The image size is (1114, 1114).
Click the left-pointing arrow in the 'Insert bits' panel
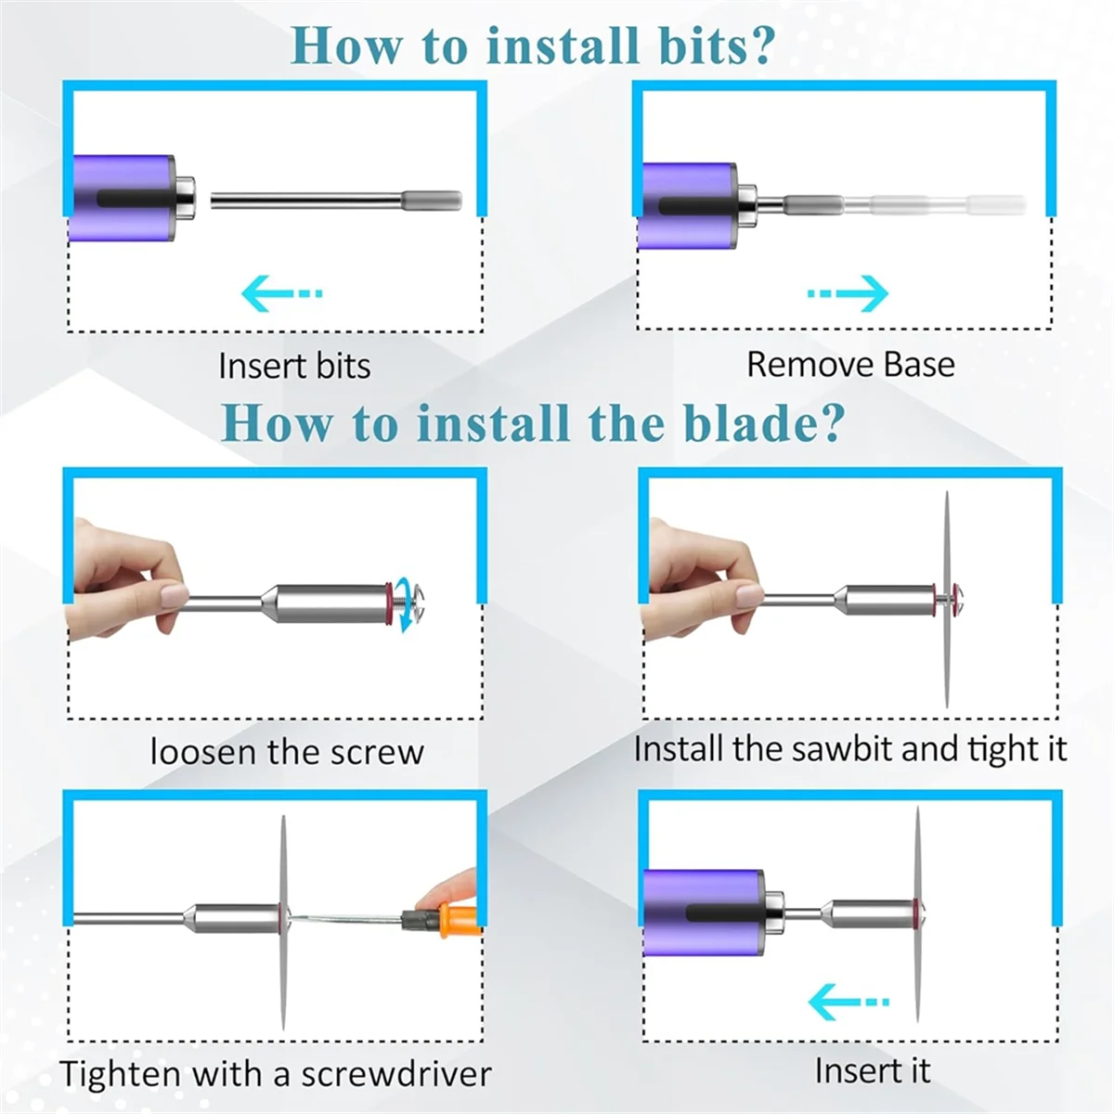click(281, 293)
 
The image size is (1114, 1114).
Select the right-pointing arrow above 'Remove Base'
click(848, 293)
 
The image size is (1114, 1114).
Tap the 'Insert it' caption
click(873, 1070)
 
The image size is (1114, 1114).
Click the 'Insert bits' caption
click(294, 366)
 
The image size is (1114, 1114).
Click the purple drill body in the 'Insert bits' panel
click(123, 198)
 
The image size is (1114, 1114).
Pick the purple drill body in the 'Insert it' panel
click(704, 920)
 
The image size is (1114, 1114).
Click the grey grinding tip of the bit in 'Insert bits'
click(432, 200)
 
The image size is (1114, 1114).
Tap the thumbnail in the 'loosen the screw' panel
click(174, 595)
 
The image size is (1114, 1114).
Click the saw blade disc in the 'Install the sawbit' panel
click(946, 600)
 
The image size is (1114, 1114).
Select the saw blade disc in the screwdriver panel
click(283, 922)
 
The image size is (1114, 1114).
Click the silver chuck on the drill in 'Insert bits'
click(185, 199)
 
